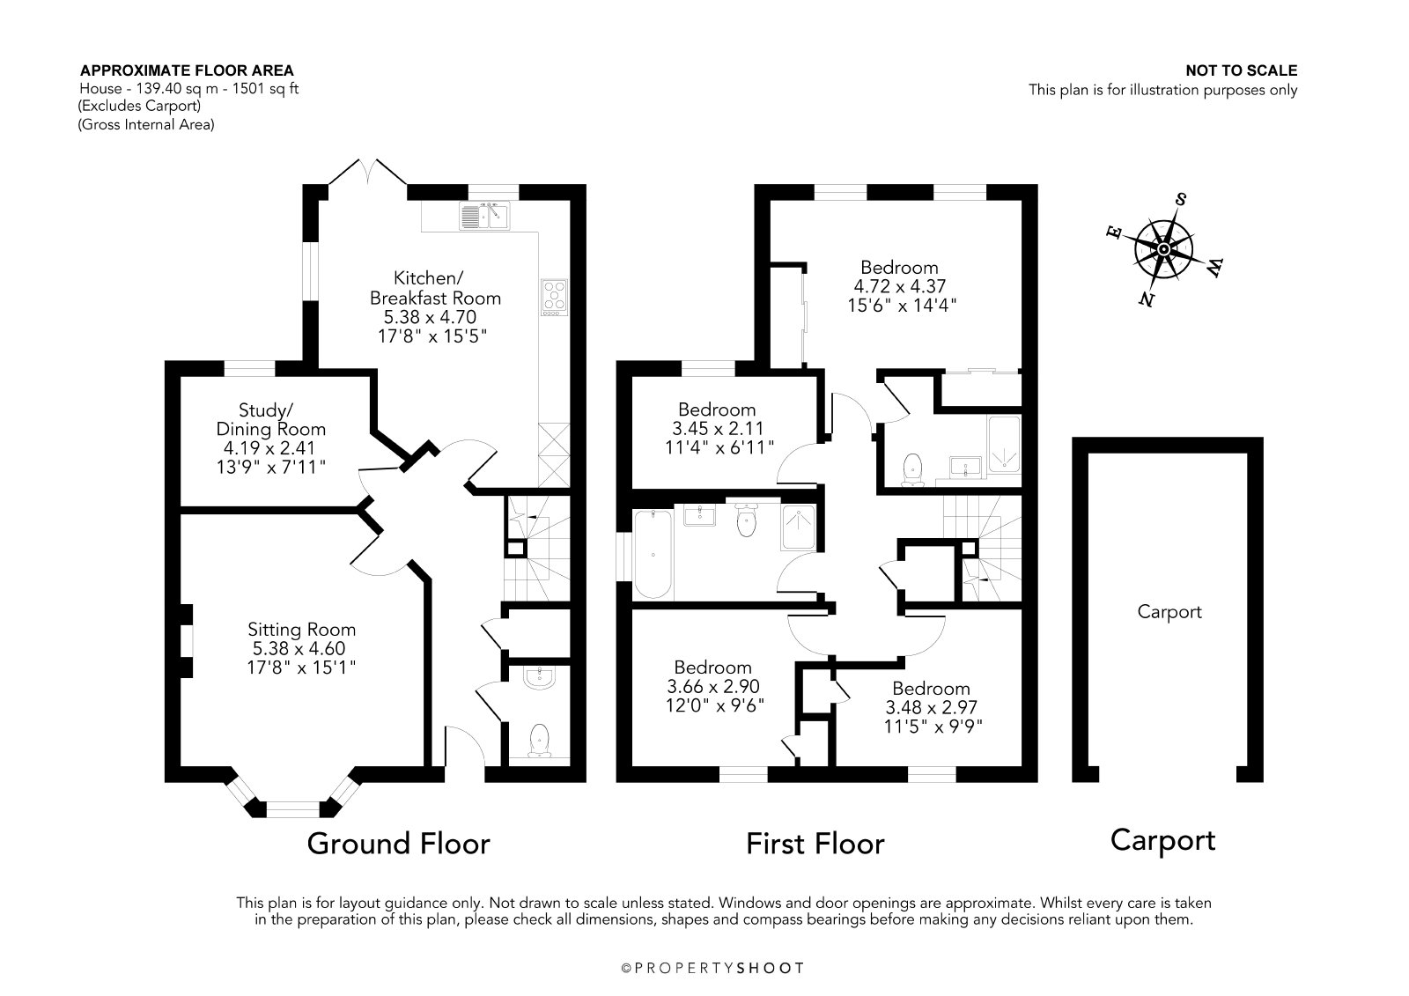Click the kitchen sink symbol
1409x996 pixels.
[484, 216]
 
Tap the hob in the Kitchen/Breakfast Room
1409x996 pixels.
[554, 298]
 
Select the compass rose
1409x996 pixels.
[1163, 250]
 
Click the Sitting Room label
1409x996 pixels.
[301, 629]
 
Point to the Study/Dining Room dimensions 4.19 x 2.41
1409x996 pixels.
[269, 448]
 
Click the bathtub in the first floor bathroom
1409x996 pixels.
[653, 554]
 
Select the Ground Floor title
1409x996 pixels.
[398, 844]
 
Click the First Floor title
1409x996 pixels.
[815, 844]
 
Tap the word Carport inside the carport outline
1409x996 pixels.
[1169, 611]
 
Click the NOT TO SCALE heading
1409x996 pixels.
[1242, 71]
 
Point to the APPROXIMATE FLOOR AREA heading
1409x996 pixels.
[187, 70]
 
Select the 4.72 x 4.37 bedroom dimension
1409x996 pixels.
[899, 286]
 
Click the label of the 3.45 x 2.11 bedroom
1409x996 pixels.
[717, 409]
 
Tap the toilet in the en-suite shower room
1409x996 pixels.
[912, 470]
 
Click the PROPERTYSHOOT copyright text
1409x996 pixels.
[712, 969]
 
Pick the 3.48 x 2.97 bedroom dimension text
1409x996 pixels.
[931, 708]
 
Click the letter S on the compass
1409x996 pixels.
[1181, 199]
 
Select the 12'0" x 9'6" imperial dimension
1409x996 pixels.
[715, 705]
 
